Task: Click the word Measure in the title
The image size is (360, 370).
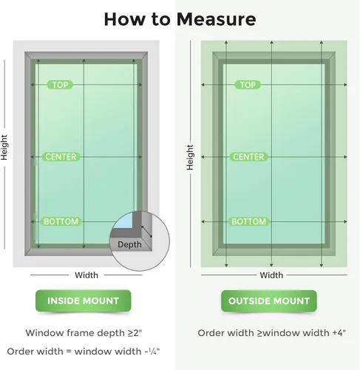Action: click(217, 19)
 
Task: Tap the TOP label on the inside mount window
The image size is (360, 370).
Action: click(60, 85)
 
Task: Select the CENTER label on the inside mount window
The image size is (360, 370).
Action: click(61, 157)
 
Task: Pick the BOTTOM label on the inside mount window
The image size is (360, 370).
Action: click(61, 221)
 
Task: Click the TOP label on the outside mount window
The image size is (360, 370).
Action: click(248, 85)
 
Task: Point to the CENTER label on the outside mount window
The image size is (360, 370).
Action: click(248, 157)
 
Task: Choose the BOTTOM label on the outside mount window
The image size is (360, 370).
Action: click(248, 221)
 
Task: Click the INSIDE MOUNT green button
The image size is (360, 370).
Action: click(84, 300)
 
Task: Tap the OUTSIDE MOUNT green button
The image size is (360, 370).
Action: click(269, 301)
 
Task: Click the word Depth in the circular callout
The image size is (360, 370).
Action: click(129, 244)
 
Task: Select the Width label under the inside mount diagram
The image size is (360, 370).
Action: click(86, 275)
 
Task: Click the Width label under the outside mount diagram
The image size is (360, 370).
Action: click(271, 275)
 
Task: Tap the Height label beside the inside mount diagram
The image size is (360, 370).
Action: click(4, 147)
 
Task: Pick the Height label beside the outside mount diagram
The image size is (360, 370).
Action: click(190, 158)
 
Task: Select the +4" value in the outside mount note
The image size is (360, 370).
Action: click(339, 333)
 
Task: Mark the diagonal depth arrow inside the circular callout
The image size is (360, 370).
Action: click(146, 232)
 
